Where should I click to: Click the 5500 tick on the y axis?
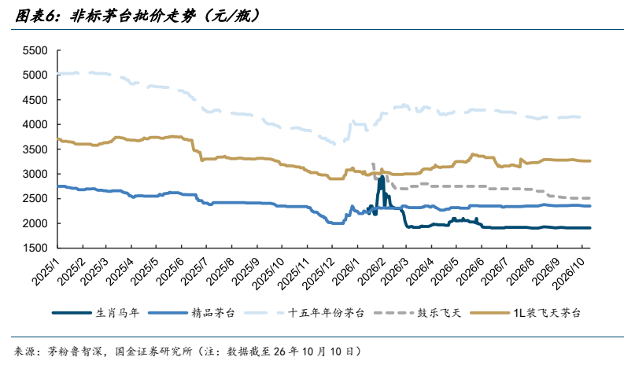click(x=35, y=50)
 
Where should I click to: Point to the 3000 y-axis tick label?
click(x=35, y=174)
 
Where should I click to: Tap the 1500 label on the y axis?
click(x=35, y=248)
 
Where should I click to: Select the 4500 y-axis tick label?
click(x=35, y=100)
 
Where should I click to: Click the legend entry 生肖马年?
click(x=117, y=313)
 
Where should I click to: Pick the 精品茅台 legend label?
click(x=213, y=313)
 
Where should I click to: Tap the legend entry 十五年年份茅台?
click(x=326, y=313)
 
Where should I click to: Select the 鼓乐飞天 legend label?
click(x=439, y=313)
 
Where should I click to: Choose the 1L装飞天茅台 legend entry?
click(x=547, y=313)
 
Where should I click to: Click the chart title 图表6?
click(x=34, y=16)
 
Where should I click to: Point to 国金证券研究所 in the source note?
click(x=153, y=351)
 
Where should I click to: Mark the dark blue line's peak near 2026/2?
click(x=381, y=176)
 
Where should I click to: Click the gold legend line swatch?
click(x=489, y=313)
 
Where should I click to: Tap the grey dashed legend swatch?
click(x=393, y=313)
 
